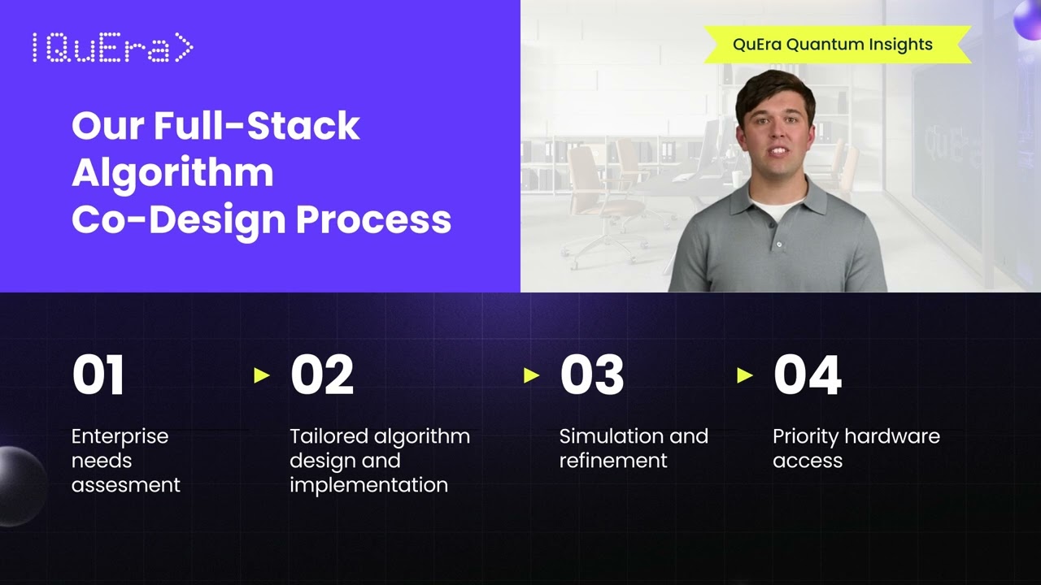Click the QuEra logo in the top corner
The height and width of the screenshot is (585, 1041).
(x=112, y=49)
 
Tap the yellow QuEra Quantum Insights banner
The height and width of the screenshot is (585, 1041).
(x=832, y=45)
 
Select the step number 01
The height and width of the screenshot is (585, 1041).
(x=98, y=375)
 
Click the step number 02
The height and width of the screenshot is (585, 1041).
(x=322, y=375)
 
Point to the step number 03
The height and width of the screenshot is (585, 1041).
(x=592, y=375)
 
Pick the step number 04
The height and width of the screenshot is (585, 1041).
(x=807, y=375)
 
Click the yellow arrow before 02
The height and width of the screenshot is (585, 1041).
(x=262, y=375)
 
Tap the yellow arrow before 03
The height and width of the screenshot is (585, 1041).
(x=532, y=375)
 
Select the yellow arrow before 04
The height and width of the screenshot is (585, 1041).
(x=745, y=375)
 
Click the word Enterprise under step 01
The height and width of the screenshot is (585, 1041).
(x=120, y=436)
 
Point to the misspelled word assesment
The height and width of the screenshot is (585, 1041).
(x=125, y=485)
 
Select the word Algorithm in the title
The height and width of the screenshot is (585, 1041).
(x=172, y=172)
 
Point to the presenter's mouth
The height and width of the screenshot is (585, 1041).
(x=777, y=151)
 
